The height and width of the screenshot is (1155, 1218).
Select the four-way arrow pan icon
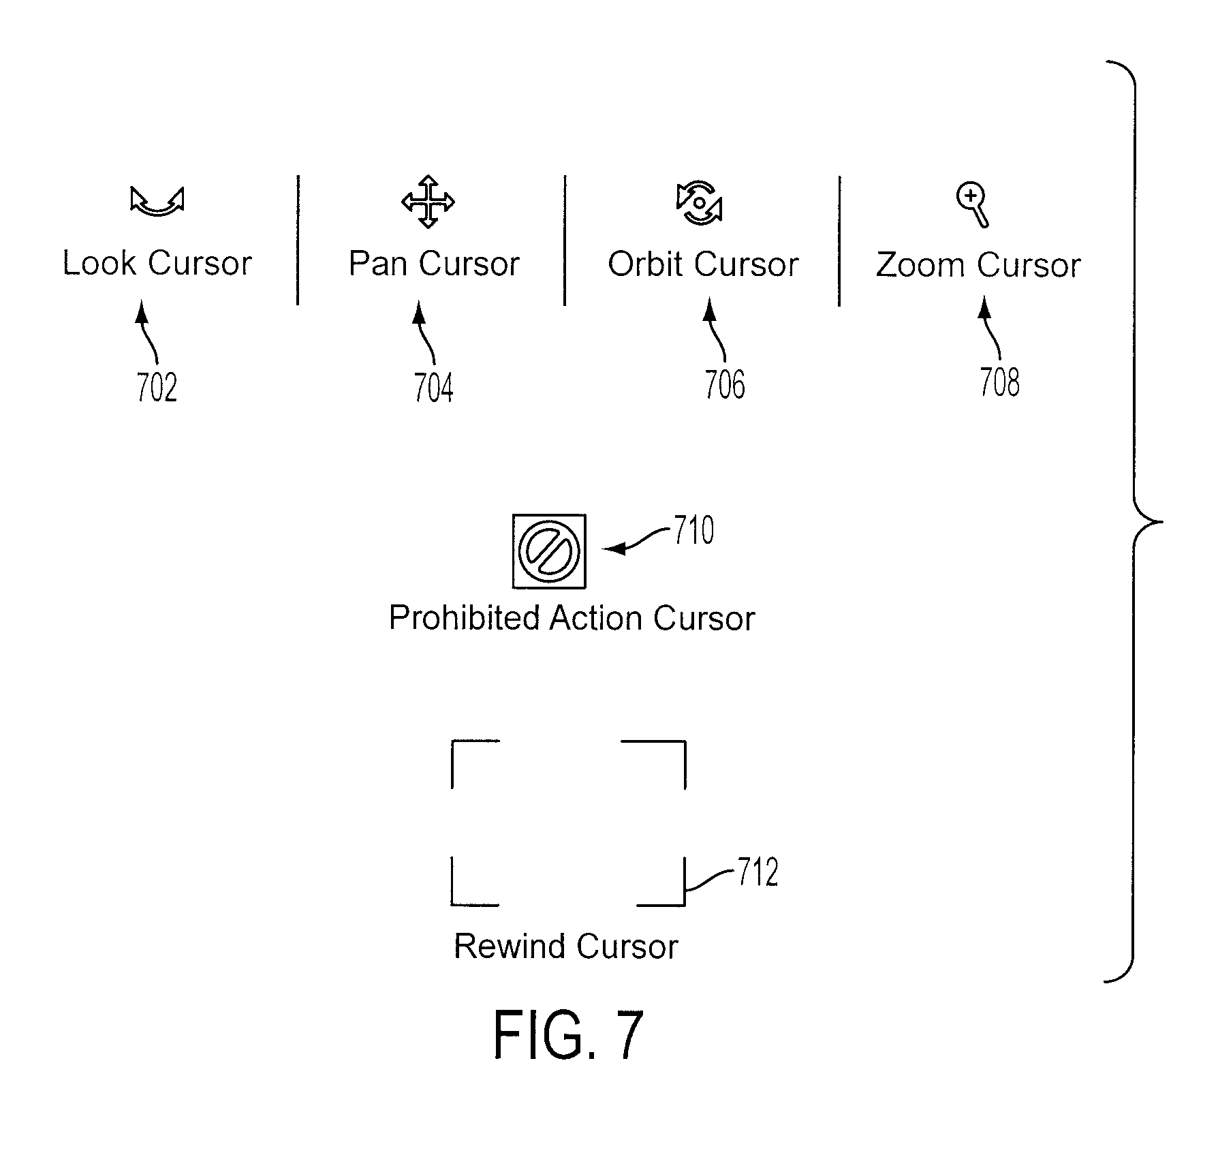428,202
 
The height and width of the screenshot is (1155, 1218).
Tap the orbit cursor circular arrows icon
699,203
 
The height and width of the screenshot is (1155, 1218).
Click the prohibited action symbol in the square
549,551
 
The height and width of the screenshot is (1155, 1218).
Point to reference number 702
157,388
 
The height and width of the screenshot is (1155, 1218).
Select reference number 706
725,384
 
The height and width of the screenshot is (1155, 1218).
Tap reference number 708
999,382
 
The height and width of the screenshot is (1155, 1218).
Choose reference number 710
694,530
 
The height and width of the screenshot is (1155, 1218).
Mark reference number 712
758,872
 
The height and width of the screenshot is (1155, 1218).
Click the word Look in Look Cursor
99,263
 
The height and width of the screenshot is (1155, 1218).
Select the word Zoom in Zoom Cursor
918,265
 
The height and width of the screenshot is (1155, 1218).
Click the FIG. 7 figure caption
568,1034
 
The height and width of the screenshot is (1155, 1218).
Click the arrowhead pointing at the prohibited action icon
613,549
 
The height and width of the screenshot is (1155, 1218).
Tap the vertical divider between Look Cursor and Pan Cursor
298,240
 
